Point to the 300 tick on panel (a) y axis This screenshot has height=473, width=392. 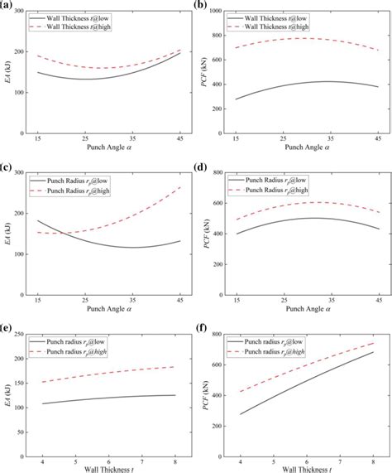20,12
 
